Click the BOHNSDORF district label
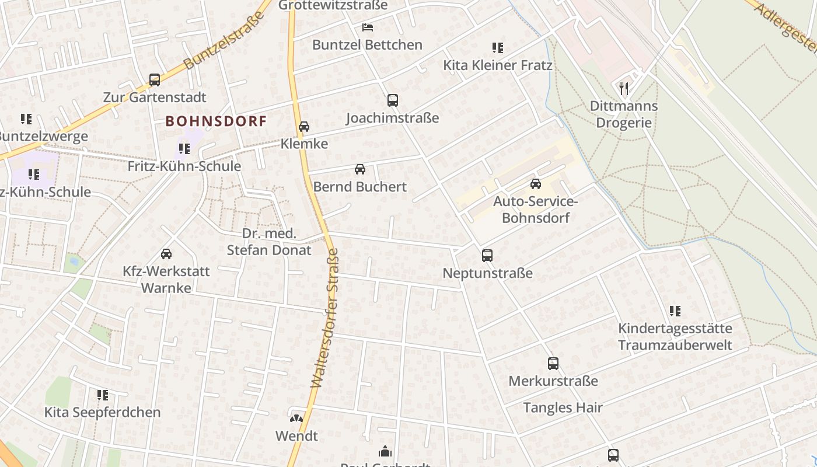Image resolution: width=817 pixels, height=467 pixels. point(216,121)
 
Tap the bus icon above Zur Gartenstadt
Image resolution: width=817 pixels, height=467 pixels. point(155,80)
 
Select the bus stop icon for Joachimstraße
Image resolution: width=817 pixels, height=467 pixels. point(393,100)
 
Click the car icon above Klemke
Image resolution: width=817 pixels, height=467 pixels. point(304,127)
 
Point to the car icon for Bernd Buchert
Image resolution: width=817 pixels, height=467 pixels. point(360,170)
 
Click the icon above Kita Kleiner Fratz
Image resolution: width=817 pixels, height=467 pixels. point(498,48)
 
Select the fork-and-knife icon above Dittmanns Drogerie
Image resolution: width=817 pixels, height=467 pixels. point(624,89)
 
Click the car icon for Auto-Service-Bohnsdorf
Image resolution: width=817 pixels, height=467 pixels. point(535,184)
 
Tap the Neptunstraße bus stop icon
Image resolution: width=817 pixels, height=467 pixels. point(487,256)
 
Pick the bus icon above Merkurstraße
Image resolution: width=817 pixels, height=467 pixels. point(553,364)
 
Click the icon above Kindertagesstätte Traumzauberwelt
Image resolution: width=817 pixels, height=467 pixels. point(675,311)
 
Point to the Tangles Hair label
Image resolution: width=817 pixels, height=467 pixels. point(563,407)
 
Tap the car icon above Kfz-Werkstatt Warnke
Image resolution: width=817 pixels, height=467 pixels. point(166,254)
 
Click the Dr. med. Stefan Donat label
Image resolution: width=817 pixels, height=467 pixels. point(269,242)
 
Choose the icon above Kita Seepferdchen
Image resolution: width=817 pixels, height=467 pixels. point(103,395)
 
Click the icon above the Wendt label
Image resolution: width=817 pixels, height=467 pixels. point(296,419)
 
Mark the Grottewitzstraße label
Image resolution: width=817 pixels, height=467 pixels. point(333,5)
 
